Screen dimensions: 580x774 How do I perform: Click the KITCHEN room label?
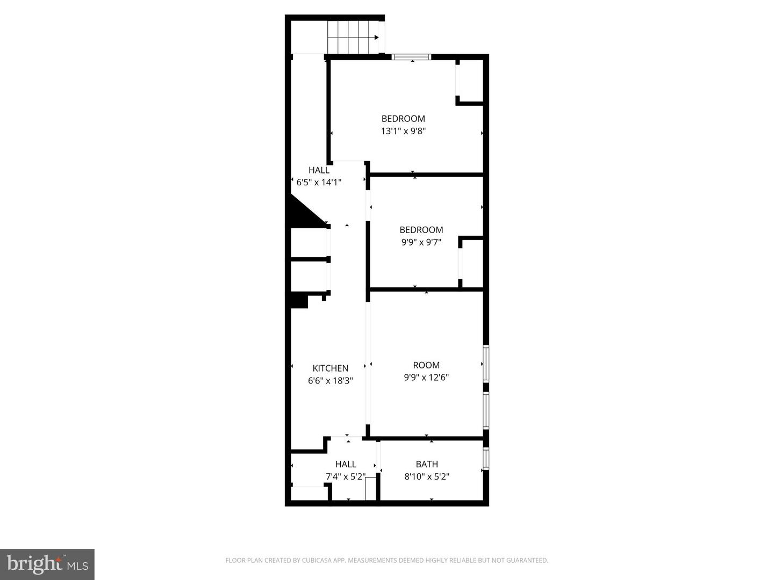click(x=330, y=368)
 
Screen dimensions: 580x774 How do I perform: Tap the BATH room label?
click(x=427, y=464)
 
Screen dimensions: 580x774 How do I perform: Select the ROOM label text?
click(x=426, y=365)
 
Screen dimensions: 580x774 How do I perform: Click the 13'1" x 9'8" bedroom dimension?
click(x=403, y=131)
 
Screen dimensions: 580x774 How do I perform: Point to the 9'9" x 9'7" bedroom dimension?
click(x=421, y=242)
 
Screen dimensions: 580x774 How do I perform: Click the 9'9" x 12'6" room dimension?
click(x=426, y=378)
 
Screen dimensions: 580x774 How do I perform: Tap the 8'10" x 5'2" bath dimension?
click(x=427, y=476)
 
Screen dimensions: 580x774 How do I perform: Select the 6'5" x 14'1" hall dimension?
click(x=319, y=183)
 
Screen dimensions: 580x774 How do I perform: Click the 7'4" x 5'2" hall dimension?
click(x=346, y=476)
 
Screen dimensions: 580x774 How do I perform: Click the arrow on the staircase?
click(x=376, y=37)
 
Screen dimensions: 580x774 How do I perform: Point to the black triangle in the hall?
click(x=303, y=213)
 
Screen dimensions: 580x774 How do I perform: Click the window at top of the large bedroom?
click(x=411, y=57)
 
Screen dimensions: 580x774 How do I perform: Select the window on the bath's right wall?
click(x=486, y=459)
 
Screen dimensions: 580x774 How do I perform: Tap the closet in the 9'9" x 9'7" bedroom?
click(x=472, y=263)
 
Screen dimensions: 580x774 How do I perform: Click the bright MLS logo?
click(x=47, y=564)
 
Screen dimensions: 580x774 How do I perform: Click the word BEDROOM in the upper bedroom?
click(x=403, y=119)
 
